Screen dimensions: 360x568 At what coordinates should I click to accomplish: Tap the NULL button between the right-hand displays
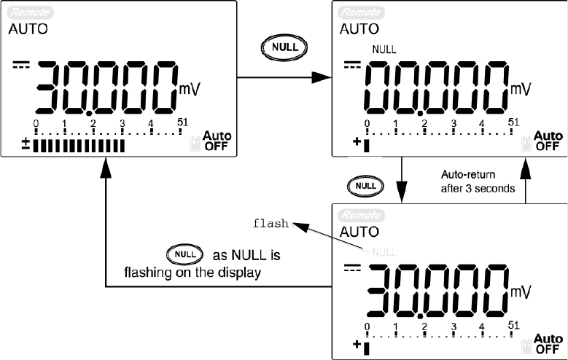(365, 186)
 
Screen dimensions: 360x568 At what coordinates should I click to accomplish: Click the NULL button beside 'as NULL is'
(182, 255)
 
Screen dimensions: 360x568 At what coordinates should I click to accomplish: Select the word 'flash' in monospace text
(271, 224)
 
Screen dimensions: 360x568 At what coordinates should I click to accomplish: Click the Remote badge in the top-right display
(357, 12)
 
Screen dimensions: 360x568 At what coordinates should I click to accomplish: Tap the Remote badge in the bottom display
(357, 215)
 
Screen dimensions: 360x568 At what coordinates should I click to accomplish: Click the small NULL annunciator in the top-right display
(384, 50)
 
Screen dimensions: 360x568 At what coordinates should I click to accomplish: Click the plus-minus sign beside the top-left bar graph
(26, 145)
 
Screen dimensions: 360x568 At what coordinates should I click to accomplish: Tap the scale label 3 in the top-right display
(453, 123)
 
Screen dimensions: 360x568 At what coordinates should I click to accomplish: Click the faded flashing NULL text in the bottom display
(384, 251)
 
